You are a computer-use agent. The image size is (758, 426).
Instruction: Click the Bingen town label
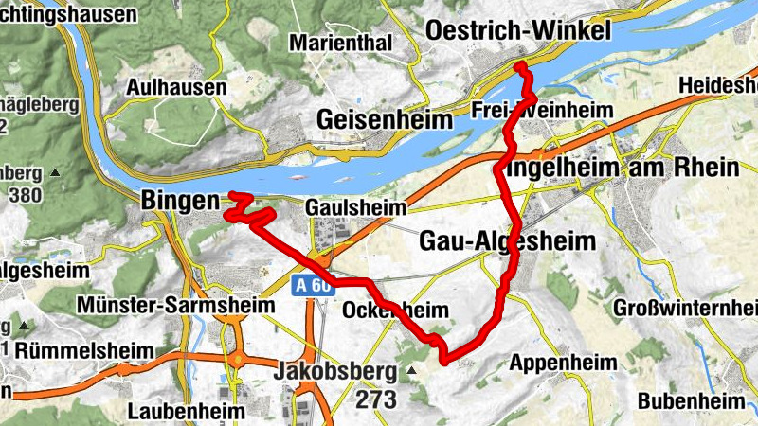179,201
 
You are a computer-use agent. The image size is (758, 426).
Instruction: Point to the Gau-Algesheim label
508,241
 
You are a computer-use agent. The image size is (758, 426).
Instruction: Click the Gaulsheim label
355,206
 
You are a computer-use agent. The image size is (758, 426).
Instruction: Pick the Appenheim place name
563,363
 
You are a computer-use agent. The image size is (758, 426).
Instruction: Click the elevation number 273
376,399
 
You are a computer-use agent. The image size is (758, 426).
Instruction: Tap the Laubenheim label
186,412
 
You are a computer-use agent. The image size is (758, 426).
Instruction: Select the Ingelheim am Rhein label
623,169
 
